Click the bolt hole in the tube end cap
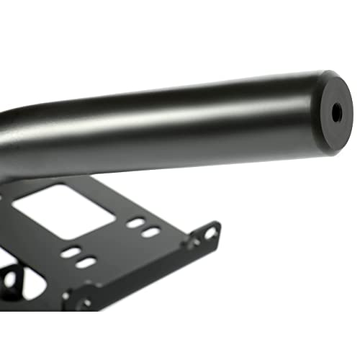(x=337, y=112)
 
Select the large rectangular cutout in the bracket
(x=65, y=209)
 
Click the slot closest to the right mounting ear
(x=151, y=232)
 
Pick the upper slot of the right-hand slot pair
(x=135, y=222)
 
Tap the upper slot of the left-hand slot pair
(x=71, y=253)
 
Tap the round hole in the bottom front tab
(x=87, y=303)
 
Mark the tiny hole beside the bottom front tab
(x=66, y=295)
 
